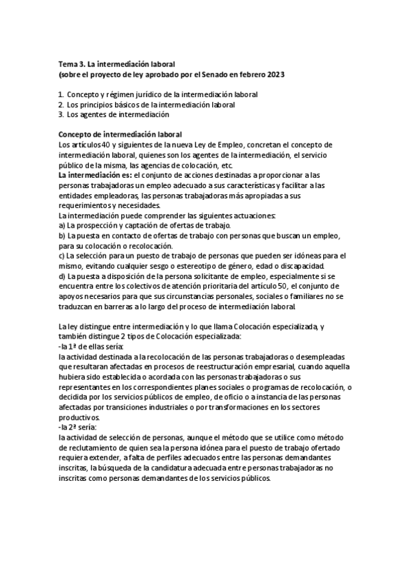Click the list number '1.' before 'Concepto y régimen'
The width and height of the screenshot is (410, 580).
[61, 94]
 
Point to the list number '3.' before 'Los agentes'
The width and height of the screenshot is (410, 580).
[61, 114]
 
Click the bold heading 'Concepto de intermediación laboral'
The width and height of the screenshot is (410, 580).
[119, 134]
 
